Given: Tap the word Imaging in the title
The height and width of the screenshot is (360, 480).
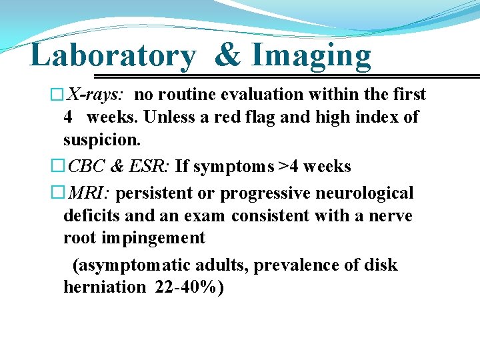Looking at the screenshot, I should [x=311, y=56].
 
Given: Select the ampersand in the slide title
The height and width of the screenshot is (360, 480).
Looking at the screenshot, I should [x=227, y=56].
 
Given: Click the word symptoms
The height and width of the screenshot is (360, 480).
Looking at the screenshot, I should [x=225, y=166].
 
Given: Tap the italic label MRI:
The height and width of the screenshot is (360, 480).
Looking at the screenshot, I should [x=91, y=193].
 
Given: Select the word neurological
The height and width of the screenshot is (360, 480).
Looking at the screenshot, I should [x=361, y=193].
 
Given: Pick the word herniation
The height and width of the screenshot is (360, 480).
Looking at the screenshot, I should [x=104, y=287].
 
